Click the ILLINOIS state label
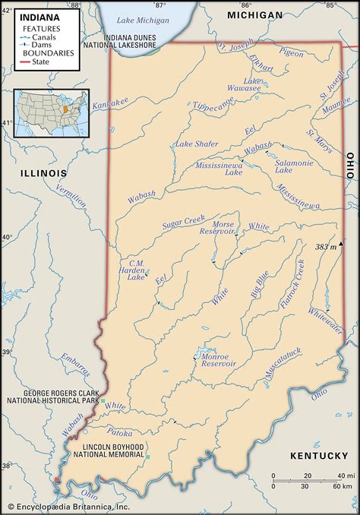tap(44, 173)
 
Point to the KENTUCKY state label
tap(317, 455)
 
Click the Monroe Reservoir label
tap(219, 359)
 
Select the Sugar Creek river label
tap(184, 222)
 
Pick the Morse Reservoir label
tap(229, 229)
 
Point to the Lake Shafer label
tap(197, 144)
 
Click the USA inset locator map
tap(51, 114)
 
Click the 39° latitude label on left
tap(5, 352)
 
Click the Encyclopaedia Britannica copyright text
tap(68, 507)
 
